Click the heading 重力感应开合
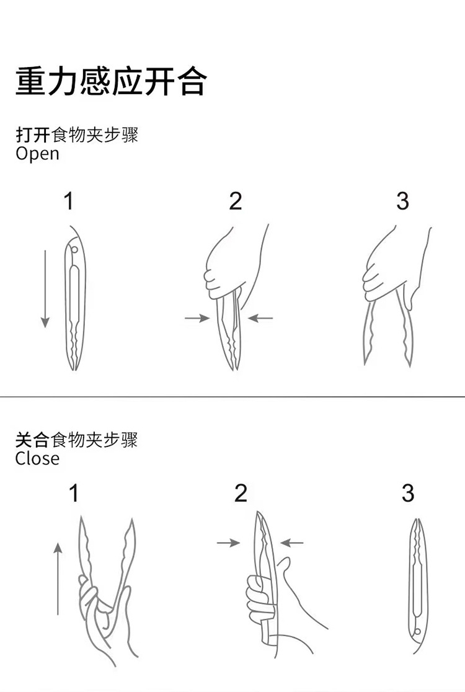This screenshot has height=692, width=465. (x=110, y=82)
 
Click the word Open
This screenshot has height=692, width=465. (x=38, y=154)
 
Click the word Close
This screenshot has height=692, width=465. (x=38, y=458)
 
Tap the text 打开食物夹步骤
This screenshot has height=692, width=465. (x=77, y=135)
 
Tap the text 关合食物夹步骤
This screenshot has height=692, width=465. (x=77, y=440)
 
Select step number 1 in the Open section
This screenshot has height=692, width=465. (x=69, y=202)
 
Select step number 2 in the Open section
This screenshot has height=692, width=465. (x=235, y=202)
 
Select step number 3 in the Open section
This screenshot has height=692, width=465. (x=402, y=202)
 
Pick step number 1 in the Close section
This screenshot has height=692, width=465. (x=74, y=494)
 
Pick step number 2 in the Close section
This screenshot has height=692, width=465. (x=241, y=494)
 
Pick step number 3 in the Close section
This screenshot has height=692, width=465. (x=407, y=494)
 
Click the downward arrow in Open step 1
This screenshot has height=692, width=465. (x=45, y=288)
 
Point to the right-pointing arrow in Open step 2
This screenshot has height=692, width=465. (x=197, y=318)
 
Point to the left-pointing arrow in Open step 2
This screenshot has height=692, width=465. (x=260, y=318)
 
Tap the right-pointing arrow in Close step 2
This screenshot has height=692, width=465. (x=228, y=543)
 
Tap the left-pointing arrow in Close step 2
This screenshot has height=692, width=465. (x=292, y=543)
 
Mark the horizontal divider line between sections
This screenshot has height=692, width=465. (x=232, y=397)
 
